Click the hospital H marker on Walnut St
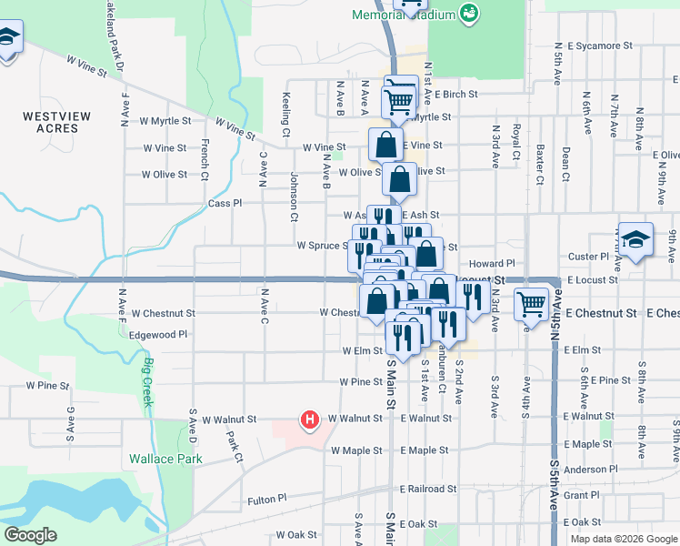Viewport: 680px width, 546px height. point(310,420)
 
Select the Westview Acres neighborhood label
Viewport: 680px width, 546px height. point(57,122)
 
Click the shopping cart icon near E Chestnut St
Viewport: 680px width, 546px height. point(531,304)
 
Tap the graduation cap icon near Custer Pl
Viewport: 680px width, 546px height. point(636,240)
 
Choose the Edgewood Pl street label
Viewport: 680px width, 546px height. point(158,334)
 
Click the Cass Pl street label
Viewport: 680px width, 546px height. point(225,204)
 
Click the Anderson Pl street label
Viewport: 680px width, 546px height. point(591,470)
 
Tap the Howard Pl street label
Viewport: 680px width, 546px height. point(511,262)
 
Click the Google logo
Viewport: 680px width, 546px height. point(31,535)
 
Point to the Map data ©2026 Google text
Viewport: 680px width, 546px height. point(623,539)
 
